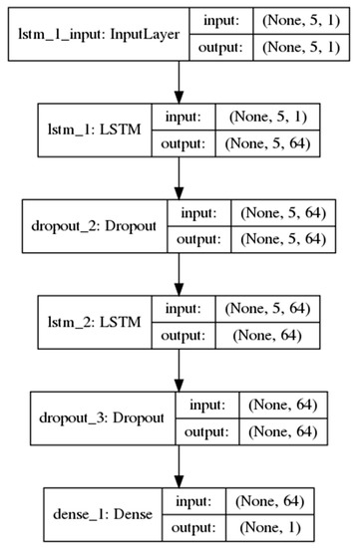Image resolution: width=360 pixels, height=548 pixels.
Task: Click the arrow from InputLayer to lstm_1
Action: [x=180, y=81]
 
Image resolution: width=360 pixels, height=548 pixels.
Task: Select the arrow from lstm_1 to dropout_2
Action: [x=180, y=176]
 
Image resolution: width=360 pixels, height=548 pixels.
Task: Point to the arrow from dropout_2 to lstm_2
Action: [x=180, y=272]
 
